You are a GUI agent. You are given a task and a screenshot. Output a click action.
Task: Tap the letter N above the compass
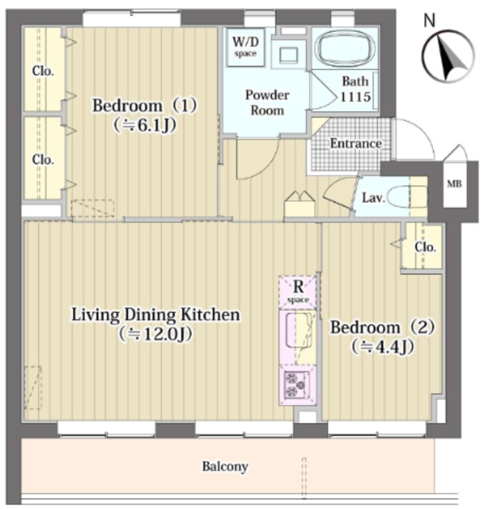[430, 21]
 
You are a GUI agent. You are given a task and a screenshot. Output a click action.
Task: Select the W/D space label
[245, 47]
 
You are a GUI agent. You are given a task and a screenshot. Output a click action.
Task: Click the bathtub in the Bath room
[346, 48]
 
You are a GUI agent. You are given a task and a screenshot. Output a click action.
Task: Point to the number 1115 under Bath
[355, 97]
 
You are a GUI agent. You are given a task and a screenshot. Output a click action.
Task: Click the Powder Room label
[267, 103]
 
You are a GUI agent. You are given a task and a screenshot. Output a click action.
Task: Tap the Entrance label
[356, 143]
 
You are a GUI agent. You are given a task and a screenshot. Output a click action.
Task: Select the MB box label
[454, 184]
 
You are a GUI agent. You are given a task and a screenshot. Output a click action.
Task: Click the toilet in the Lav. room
[407, 197]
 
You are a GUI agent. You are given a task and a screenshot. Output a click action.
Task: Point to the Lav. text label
[373, 197]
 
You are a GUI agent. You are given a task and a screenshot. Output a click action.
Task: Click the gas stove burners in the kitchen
[296, 385]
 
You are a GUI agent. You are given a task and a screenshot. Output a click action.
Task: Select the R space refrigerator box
[298, 292]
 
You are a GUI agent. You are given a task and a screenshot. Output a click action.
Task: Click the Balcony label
[226, 467]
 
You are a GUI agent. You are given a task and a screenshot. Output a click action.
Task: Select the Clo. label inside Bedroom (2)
[425, 247]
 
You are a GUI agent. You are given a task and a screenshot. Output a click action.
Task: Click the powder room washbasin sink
[288, 54]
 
